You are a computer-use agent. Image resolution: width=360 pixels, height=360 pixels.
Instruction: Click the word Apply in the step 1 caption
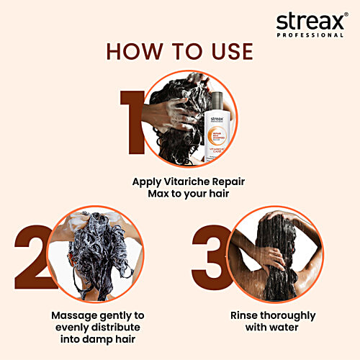pyautogui.click(x=147, y=181)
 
